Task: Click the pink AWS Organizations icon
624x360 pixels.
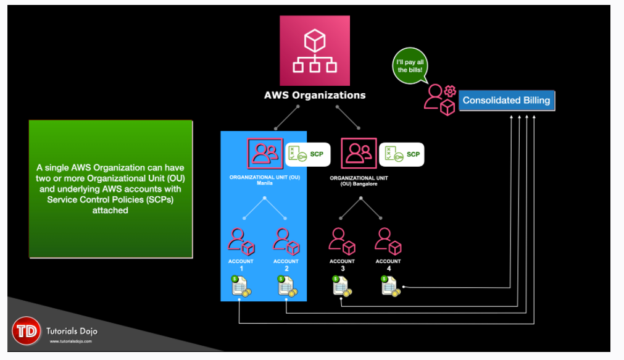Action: (315, 51)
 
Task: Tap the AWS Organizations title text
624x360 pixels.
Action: (315, 95)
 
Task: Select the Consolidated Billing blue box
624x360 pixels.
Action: (506, 100)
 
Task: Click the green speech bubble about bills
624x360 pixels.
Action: (409, 65)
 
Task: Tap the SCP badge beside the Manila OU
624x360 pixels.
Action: (308, 154)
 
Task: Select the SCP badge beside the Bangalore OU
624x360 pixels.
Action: (401, 154)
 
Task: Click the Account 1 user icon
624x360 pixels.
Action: (241, 241)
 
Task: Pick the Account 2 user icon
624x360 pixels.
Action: (286, 241)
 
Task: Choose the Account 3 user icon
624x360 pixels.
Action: (342, 241)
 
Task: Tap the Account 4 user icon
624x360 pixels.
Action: (388, 241)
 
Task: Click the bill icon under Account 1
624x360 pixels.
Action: (240, 287)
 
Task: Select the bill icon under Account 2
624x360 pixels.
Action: (286, 287)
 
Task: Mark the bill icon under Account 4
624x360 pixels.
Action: (390, 286)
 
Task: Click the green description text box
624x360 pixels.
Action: (110, 188)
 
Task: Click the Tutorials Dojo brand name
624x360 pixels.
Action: (72, 331)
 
